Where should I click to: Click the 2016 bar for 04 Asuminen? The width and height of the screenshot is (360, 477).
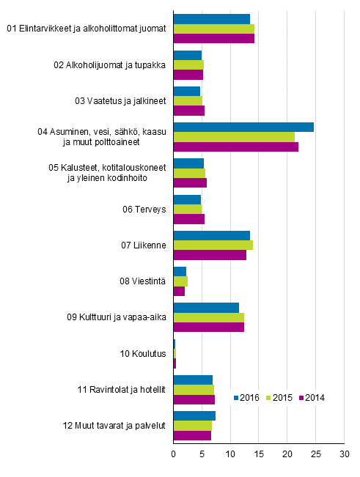243,127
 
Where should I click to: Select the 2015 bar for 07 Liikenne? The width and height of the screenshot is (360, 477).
213,245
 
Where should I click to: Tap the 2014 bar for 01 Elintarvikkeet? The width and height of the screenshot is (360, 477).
213,38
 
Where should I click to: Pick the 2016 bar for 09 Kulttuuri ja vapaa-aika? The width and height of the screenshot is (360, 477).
206,307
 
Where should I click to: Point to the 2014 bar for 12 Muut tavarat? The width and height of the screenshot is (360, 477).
192,435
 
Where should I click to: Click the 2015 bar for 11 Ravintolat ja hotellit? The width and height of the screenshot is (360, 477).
194,389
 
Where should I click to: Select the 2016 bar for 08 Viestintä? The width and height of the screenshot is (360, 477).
180,271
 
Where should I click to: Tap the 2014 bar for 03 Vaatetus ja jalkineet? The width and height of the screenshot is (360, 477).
188,110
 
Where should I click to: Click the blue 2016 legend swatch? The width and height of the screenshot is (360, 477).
237,398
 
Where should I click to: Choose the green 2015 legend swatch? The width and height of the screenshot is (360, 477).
268,398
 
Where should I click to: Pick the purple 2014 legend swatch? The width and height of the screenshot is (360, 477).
299,398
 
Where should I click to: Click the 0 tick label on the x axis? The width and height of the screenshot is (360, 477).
174,454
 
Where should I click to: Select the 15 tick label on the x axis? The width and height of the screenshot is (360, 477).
259,454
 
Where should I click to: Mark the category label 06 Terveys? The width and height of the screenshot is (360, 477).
144,210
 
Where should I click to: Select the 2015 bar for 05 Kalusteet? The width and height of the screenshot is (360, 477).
189,173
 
